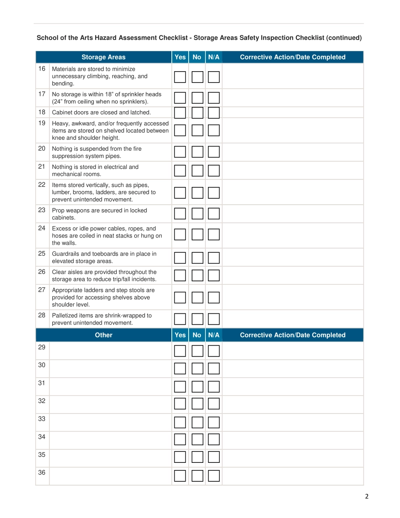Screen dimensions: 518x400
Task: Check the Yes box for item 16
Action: (180, 77)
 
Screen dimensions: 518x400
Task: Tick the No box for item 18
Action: (197, 112)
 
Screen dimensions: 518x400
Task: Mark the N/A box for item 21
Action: (214, 171)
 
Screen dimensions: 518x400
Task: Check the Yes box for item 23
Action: (180, 214)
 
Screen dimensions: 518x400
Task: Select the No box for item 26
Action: (197, 275)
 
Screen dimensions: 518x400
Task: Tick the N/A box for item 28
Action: (214, 319)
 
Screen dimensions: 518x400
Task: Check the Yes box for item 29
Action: (180, 351)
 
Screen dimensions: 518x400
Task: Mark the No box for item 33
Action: (197, 422)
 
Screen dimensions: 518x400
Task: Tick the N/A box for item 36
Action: (214, 476)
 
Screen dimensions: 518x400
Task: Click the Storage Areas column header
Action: (104, 57)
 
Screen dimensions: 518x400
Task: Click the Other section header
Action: (104, 335)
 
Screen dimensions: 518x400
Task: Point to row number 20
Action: (42, 149)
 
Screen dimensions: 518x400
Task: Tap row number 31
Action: (42, 383)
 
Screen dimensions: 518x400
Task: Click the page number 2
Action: (366, 497)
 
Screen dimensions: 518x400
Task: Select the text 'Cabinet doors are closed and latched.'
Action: (101, 112)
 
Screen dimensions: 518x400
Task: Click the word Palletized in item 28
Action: (65, 315)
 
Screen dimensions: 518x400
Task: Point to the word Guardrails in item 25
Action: (65, 254)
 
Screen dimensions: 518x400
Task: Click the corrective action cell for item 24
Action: (292, 236)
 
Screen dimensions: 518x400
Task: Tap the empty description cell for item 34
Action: (110, 440)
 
